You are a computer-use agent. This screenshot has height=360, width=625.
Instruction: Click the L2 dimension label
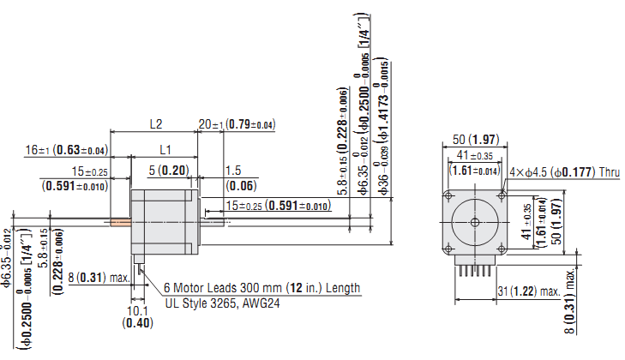pos(156,123)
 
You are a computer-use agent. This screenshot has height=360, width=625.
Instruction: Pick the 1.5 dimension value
pos(232,170)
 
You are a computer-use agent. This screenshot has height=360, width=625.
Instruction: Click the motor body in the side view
pos(163,222)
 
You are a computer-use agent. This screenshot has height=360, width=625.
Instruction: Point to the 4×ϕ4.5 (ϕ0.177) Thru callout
pos(566,172)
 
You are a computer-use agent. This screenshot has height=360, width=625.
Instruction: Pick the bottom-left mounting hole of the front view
pos(447,250)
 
